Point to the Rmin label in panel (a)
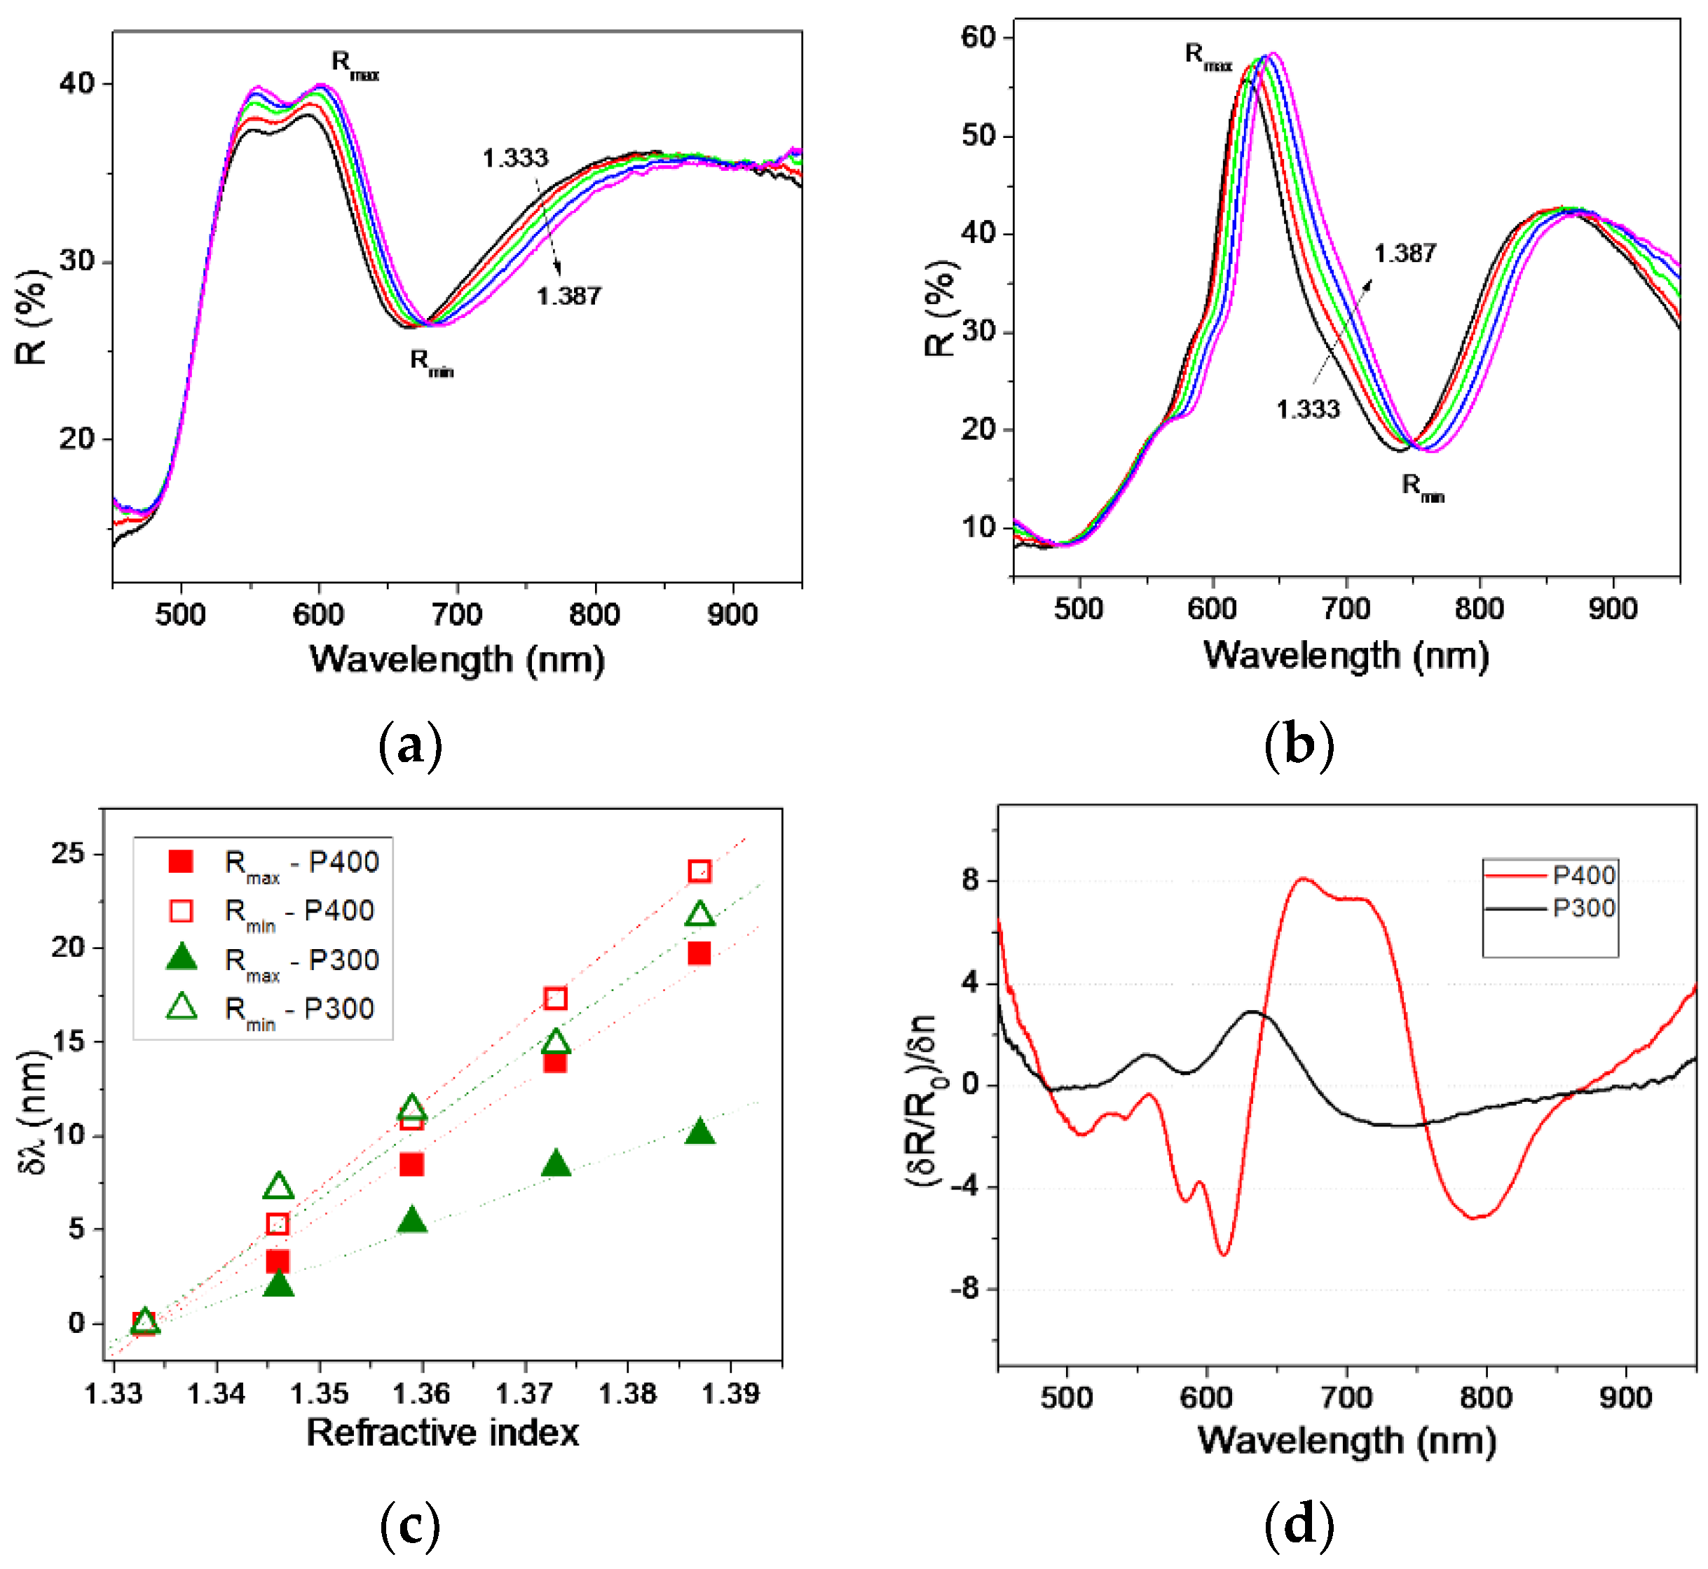pyautogui.click(x=432, y=363)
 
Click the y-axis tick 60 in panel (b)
pyautogui.click(x=978, y=37)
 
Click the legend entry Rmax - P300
pyautogui.click(x=301, y=961)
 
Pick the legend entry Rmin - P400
pyautogui.click(x=299, y=912)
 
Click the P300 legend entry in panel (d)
pyautogui.click(x=1584, y=908)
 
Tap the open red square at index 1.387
pyautogui.click(x=699, y=871)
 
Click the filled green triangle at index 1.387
pyautogui.click(x=699, y=1133)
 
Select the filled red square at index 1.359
pyautogui.click(x=412, y=1164)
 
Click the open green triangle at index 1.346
pyautogui.click(x=278, y=1186)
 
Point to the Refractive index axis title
pyautogui.click(x=442, y=1432)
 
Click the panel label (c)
pyautogui.click(x=410, y=1526)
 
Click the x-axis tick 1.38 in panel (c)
pyautogui.click(x=628, y=1393)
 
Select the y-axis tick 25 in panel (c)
pyautogui.click(x=68, y=853)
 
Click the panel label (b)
pyautogui.click(x=1299, y=745)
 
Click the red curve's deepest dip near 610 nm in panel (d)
pyautogui.click(x=1224, y=1254)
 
